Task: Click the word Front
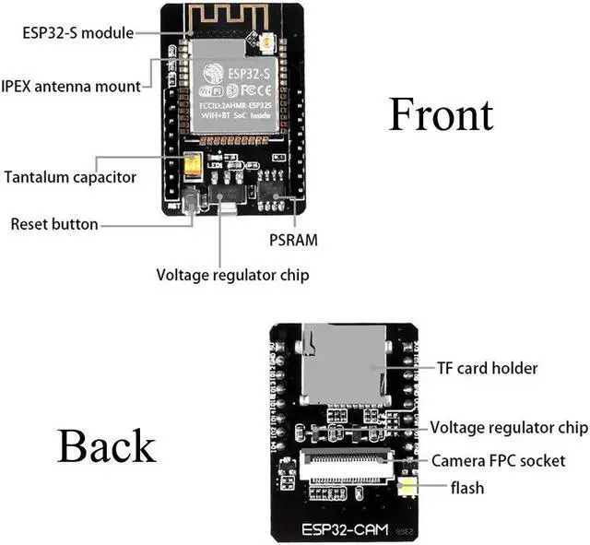(x=441, y=115)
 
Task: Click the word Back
(x=106, y=445)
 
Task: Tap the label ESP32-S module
(x=77, y=33)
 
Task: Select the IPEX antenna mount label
(x=72, y=86)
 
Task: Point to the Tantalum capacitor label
(x=70, y=176)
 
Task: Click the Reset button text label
(x=54, y=224)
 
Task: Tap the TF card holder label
(x=488, y=368)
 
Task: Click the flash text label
(x=466, y=487)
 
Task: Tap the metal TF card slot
(x=344, y=366)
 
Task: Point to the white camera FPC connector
(x=343, y=468)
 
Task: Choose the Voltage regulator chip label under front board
(x=232, y=275)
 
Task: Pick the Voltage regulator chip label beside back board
(x=509, y=428)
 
